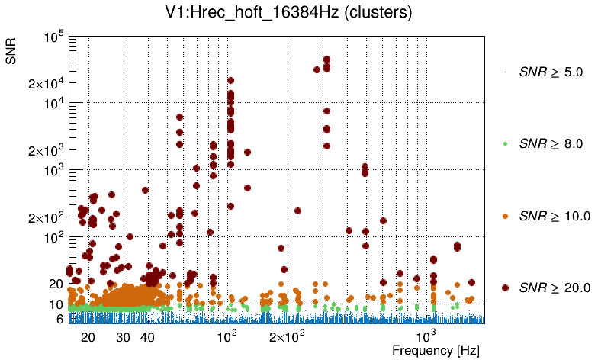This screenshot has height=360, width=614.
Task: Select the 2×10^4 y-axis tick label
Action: point(47,83)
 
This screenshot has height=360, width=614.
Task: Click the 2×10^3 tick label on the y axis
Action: point(47,150)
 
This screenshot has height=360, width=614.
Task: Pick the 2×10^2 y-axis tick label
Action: point(47,217)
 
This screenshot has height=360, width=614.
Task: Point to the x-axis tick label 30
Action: point(123,337)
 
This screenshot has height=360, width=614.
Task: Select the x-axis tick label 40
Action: point(148,337)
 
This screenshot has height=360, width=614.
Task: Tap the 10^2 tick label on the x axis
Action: point(227,336)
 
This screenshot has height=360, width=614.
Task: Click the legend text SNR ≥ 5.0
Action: point(551,72)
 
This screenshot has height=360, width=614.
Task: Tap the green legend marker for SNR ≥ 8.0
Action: point(505,143)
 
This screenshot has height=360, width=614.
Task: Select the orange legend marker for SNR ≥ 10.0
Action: point(505,216)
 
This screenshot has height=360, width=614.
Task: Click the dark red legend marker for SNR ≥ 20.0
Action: point(505,288)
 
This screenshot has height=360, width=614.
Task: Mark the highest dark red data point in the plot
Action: point(326,59)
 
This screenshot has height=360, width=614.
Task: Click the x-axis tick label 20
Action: point(88,337)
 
